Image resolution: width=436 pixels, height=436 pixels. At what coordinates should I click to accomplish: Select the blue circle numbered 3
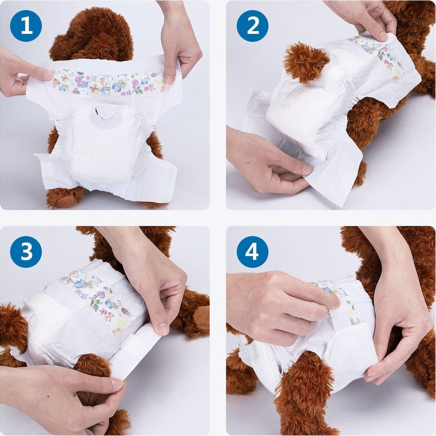[26, 252]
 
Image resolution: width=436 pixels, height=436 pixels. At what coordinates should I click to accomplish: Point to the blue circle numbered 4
[253, 252]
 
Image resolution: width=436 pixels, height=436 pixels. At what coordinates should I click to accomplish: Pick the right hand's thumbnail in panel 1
[168, 80]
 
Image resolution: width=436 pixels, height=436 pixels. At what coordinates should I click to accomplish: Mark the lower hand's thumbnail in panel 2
[307, 169]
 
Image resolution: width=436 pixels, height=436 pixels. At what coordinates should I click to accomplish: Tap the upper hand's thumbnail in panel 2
[383, 36]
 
